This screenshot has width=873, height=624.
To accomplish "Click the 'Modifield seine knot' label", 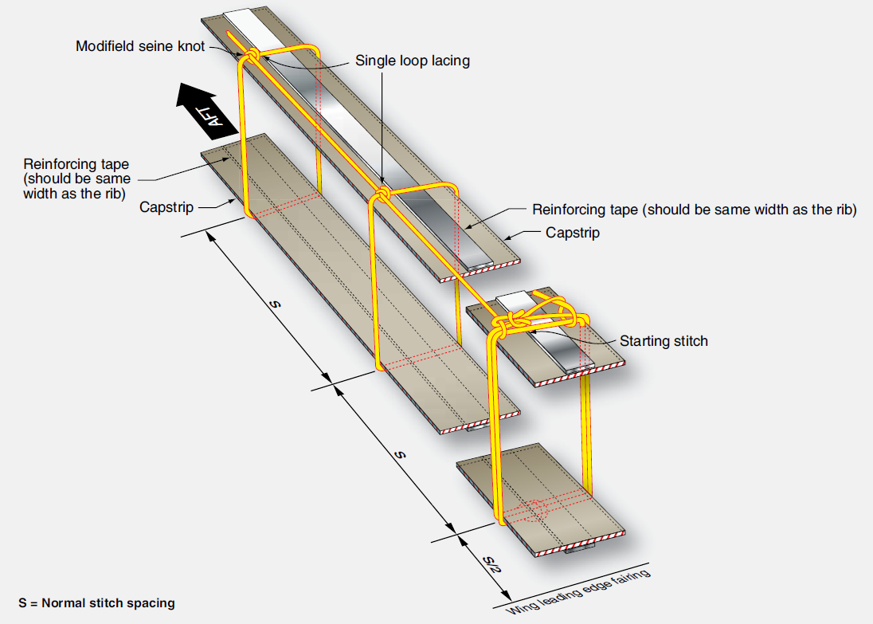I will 140,46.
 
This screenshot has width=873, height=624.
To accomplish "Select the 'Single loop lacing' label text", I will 412,61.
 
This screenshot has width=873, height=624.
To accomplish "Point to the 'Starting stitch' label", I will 664,341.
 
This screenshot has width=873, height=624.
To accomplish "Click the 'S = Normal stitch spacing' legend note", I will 96,602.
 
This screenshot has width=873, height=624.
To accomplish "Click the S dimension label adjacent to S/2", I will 400,455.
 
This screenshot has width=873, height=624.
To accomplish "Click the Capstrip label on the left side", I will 166,207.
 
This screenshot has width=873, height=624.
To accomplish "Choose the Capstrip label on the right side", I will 573,233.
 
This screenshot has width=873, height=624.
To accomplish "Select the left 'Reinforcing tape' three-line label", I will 76,179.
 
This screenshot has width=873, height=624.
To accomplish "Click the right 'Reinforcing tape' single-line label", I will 694,210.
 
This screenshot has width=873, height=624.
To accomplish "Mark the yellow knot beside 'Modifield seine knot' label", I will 250,57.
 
